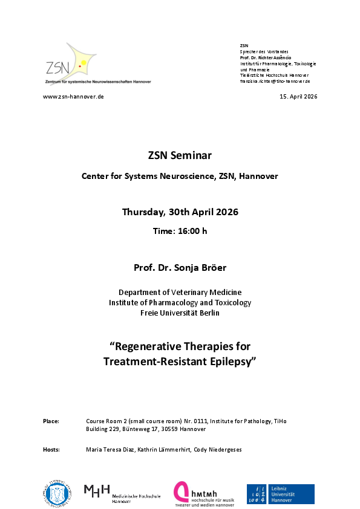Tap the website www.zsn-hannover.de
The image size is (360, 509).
pyautogui.click(x=73, y=97)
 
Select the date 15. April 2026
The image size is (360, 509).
pyautogui.click(x=298, y=97)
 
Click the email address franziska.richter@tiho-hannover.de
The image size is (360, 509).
pyautogui.click(x=275, y=81)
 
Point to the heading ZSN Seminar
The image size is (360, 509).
pyautogui.click(x=180, y=155)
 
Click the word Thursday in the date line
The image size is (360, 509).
pyautogui.click(x=143, y=212)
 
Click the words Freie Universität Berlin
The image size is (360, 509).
pyautogui.click(x=180, y=313)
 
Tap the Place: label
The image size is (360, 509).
pyautogui.click(x=51, y=421)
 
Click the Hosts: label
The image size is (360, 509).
pyautogui.click(x=51, y=450)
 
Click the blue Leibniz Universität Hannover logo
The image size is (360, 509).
pyautogui.click(x=280, y=494)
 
